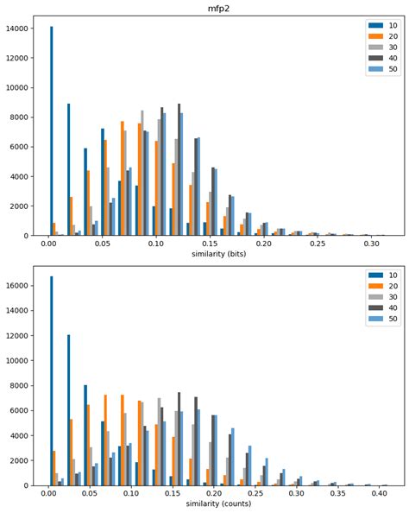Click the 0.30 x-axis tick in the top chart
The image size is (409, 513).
[371, 244]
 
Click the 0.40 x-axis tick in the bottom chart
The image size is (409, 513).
[380, 492]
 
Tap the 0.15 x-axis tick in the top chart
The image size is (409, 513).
[210, 244]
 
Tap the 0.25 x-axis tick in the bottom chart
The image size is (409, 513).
[255, 492]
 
